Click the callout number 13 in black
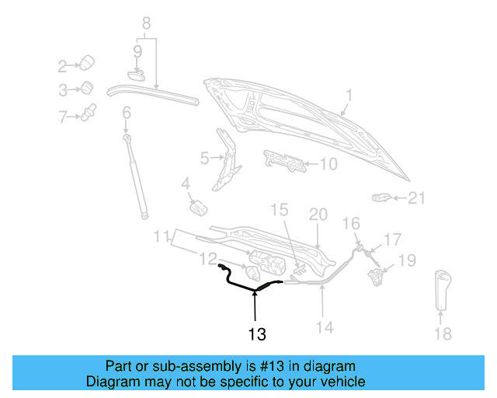point(257,334)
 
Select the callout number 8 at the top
point(146,23)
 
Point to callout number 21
point(418,198)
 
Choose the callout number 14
point(325,327)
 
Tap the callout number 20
point(318,214)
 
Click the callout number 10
point(328,164)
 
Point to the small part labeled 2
point(88,62)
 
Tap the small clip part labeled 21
point(381,197)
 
